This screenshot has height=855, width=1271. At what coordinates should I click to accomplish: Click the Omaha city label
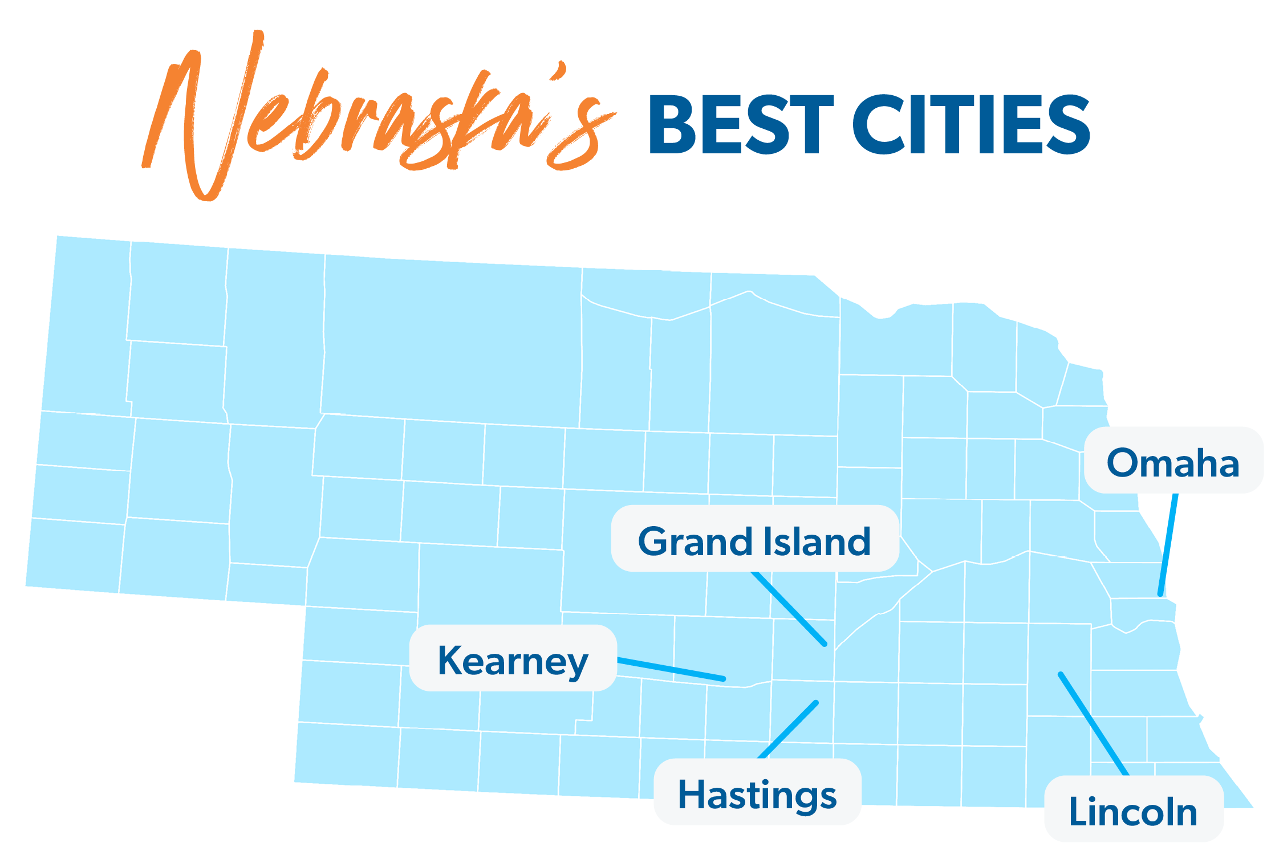coord(1172,462)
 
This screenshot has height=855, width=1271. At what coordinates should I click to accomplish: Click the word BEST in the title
coord(740,125)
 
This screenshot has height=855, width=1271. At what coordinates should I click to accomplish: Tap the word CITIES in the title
coord(971,125)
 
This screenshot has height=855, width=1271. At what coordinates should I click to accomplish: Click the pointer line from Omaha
coord(1168,544)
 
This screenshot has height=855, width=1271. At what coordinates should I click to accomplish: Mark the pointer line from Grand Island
coord(789,609)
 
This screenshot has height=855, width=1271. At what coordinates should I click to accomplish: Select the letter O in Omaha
coord(1124,462)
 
